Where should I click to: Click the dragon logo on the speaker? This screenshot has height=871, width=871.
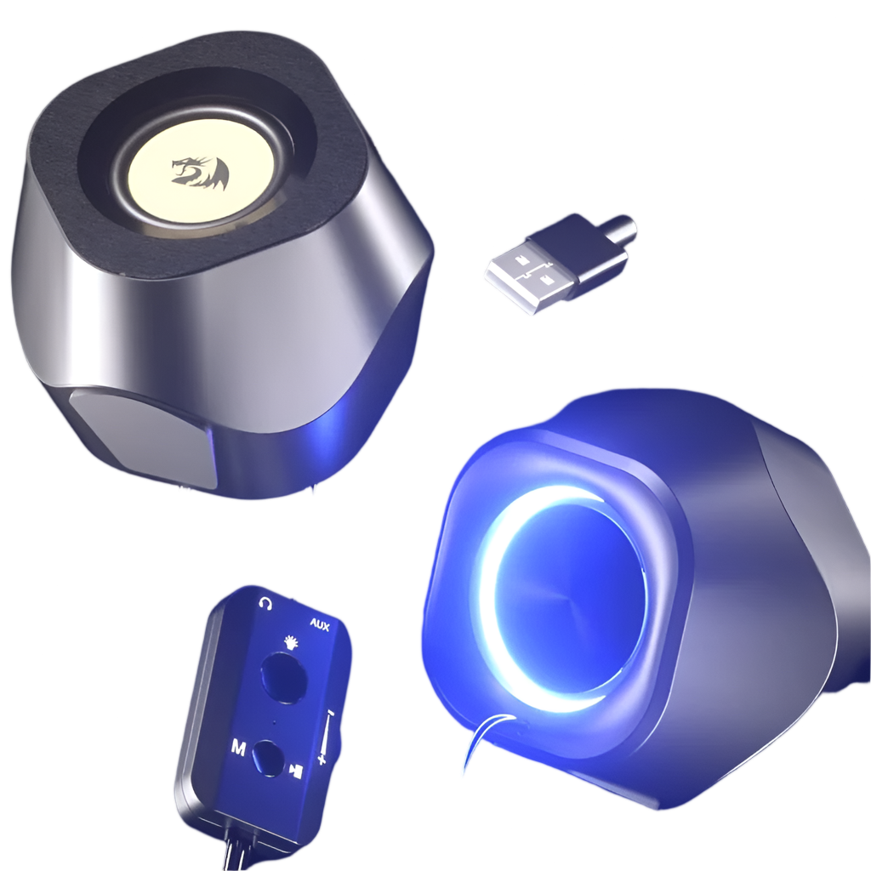200,171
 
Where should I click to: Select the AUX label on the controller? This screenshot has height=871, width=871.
320,625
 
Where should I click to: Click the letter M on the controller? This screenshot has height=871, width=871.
238,749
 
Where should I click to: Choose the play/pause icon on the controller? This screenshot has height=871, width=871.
296,771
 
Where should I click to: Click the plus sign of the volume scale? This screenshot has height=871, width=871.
321,758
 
